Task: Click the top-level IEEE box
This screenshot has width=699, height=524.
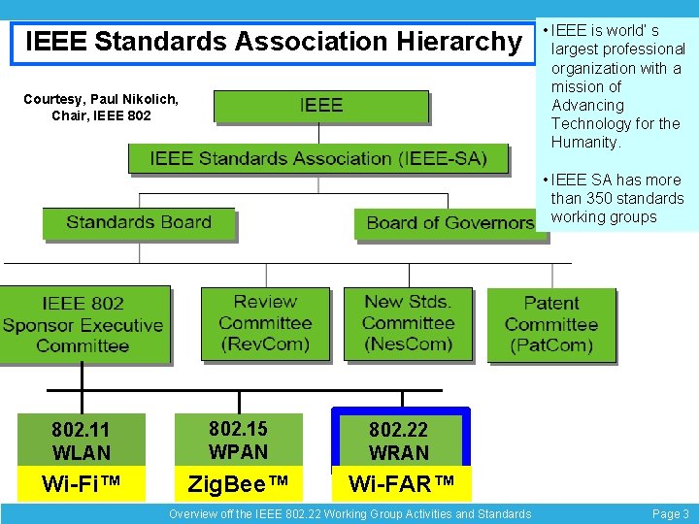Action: pos(320,106)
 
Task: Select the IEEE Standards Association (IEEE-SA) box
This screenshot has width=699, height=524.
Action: pos(317,158)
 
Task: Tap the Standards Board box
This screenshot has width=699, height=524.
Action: pos(139,223)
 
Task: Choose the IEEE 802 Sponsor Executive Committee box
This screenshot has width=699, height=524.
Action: pos(83,324)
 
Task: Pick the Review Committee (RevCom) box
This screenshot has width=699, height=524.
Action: pos(265,323)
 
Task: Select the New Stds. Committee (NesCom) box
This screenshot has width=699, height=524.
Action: pos(408,323)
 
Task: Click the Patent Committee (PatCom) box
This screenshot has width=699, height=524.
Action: pos(550,324)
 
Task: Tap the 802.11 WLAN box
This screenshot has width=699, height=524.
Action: pos(81,441)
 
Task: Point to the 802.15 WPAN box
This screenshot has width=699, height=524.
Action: pos(238,440)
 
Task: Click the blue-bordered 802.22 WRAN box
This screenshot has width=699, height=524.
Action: pos(399,441)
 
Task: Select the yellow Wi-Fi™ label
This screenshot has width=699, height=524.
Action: pos(81,483)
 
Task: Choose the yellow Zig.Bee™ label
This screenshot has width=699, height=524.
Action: pos(238,483)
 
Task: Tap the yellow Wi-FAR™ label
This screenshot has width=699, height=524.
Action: pos(401,483)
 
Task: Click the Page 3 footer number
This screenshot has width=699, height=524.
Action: pos(671,514)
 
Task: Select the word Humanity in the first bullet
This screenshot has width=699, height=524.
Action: pos(583,143)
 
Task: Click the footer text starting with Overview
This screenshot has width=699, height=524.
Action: pos(349,514)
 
